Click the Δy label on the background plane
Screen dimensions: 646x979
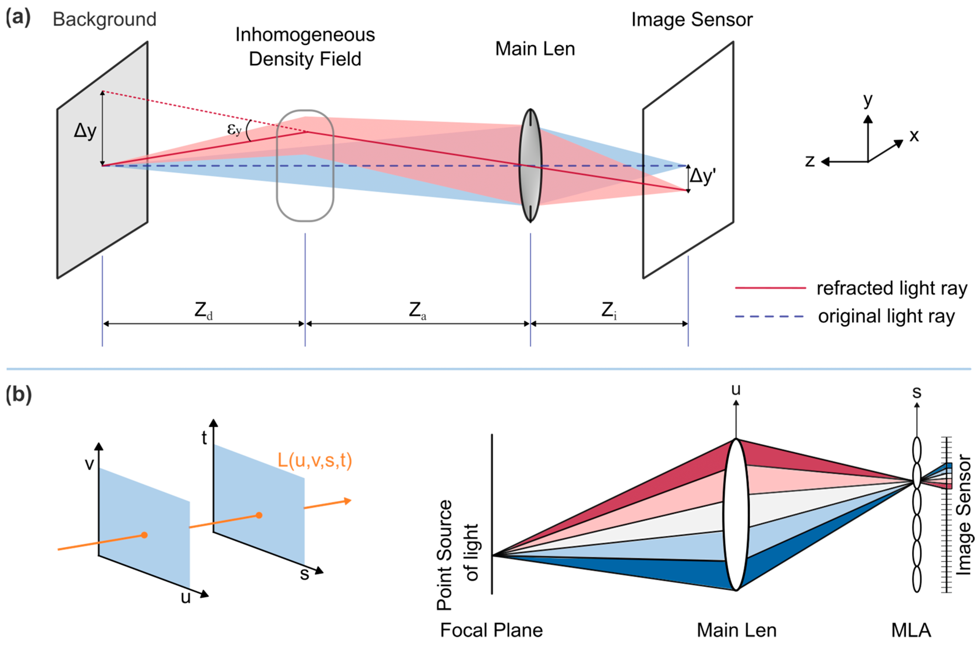85,131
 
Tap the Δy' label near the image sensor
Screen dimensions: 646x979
702,176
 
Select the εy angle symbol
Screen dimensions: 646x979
234,130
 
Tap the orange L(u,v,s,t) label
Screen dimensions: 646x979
315,460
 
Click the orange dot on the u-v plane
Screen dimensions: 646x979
144,535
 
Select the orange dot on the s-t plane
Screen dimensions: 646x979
259,515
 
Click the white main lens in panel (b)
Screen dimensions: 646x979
736,515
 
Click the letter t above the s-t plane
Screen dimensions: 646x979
204,438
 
